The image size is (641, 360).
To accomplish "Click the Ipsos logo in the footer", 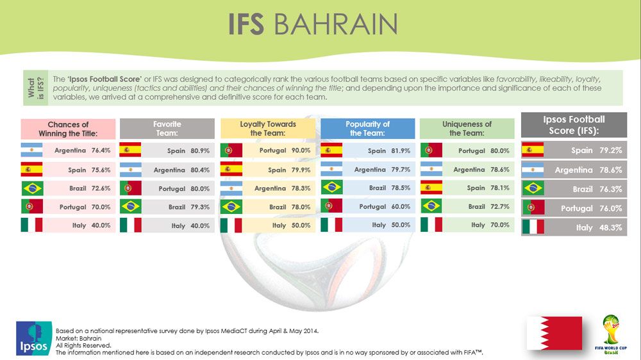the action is pos(34,338).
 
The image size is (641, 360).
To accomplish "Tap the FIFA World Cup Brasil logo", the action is pos(611,334).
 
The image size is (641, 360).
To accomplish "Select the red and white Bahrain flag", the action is pos(554,333).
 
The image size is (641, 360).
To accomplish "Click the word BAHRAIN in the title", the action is pos(335,24).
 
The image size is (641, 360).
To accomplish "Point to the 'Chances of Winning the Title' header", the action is pos(69,129).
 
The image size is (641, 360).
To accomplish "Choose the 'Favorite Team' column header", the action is pos(167,128).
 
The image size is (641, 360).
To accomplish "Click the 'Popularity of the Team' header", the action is pos(367,128).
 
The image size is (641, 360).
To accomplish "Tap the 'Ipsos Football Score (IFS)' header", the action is pos(574,125).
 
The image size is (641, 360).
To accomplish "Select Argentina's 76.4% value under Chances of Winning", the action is pos(101,151).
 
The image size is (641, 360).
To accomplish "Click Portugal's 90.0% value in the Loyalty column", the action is pos(301,151).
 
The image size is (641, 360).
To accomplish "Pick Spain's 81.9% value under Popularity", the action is pos(401,151).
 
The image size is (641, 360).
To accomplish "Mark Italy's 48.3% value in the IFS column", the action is pos(611,227).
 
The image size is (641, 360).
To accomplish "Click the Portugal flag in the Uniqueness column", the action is pos(431,151).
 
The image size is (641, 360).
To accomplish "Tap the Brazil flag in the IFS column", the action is pos(533,188).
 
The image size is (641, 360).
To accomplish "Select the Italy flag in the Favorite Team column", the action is pos(131,225).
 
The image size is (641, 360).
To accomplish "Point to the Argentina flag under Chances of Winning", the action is pos(31,150).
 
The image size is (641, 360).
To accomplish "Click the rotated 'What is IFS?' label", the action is pos(35,88).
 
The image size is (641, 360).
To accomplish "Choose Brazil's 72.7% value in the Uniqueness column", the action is pos(500,207).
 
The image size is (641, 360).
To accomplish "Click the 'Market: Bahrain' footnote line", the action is pos(78,338).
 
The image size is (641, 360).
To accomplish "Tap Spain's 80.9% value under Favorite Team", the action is pos(200,151).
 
